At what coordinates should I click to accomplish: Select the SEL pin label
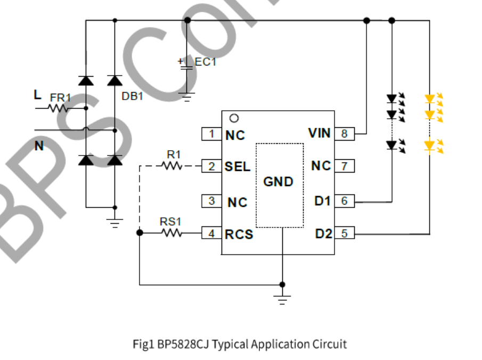click(x=237, y=167)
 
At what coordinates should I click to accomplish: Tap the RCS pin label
click(x=239, y=234)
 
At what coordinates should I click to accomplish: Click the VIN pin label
click(x=319, y=133)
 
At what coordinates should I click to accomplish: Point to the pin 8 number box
click(x=345, y=134)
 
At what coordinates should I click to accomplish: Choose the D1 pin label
click(x=323, y=201)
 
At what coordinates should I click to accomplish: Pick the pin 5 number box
click(x=345, y=233)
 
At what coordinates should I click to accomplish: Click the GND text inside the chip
click(x=279, y=182)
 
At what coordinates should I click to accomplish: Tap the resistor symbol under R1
click(x=172, y=167)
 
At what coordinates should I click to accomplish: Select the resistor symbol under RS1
click(x=171, y=233)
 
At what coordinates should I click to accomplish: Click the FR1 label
click(x=60, y=98)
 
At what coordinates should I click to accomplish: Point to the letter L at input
click(x=37, y=95)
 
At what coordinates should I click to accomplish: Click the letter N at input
click(x=39, y=145)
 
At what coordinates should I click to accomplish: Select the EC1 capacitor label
click(x=206, y=62)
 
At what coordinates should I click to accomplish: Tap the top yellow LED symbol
click(x=430, y=99)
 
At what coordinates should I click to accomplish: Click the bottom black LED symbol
click(x=393, y=145)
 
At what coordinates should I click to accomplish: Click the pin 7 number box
click(x=345, y=167)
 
